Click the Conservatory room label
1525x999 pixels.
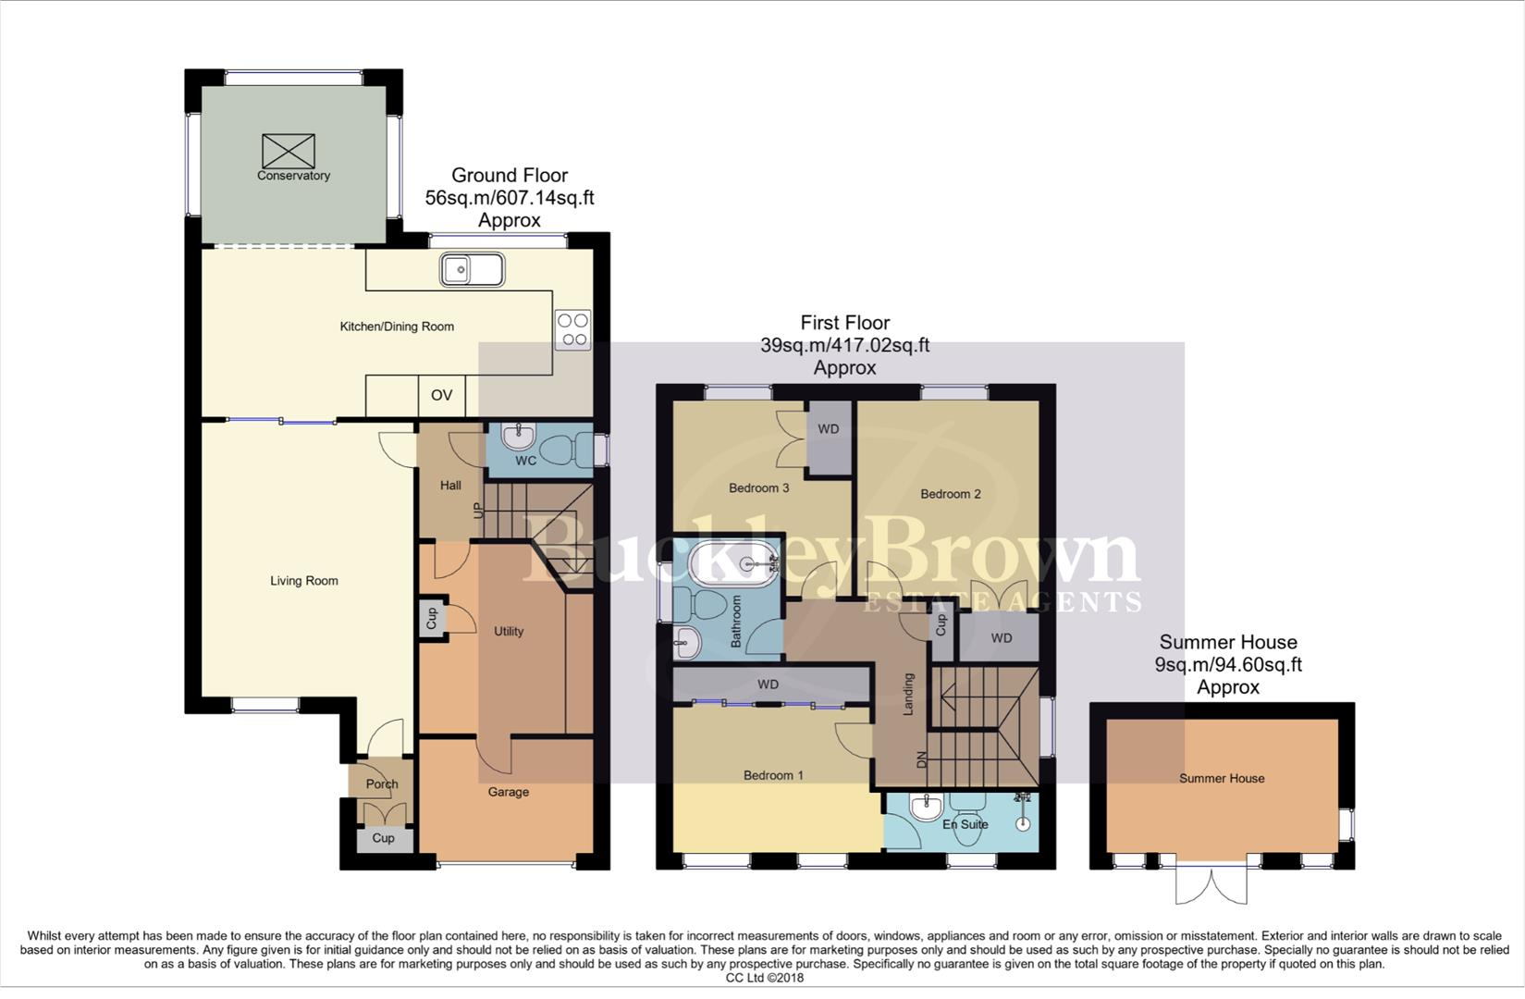click(x=293, y=176)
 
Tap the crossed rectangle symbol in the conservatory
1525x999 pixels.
click(x=289, y=151)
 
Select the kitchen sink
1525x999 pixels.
click(x=473, y=270)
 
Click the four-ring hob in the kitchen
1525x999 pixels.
click(x=572, y=330)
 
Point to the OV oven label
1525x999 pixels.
click(x=441, y=395)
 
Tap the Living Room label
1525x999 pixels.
click(x=303, y=581)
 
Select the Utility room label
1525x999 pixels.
click(x=509, y=631)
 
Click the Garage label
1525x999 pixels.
click(x=509, y=792)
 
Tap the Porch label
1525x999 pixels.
click(x=381, y=783)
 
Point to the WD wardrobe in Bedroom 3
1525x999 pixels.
click(x=829, y=429)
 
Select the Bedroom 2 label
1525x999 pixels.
click(x=950, y=494)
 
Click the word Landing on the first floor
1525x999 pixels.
click(x=908, y=693)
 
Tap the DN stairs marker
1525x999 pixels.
click(x=921, y=759)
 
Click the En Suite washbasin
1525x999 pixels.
click(x=926, y=808)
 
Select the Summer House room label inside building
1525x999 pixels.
click(x=1221, y=779)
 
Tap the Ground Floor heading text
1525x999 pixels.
click(x=510, y=176)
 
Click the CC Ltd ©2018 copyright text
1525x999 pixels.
click(x=764, y=978)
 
